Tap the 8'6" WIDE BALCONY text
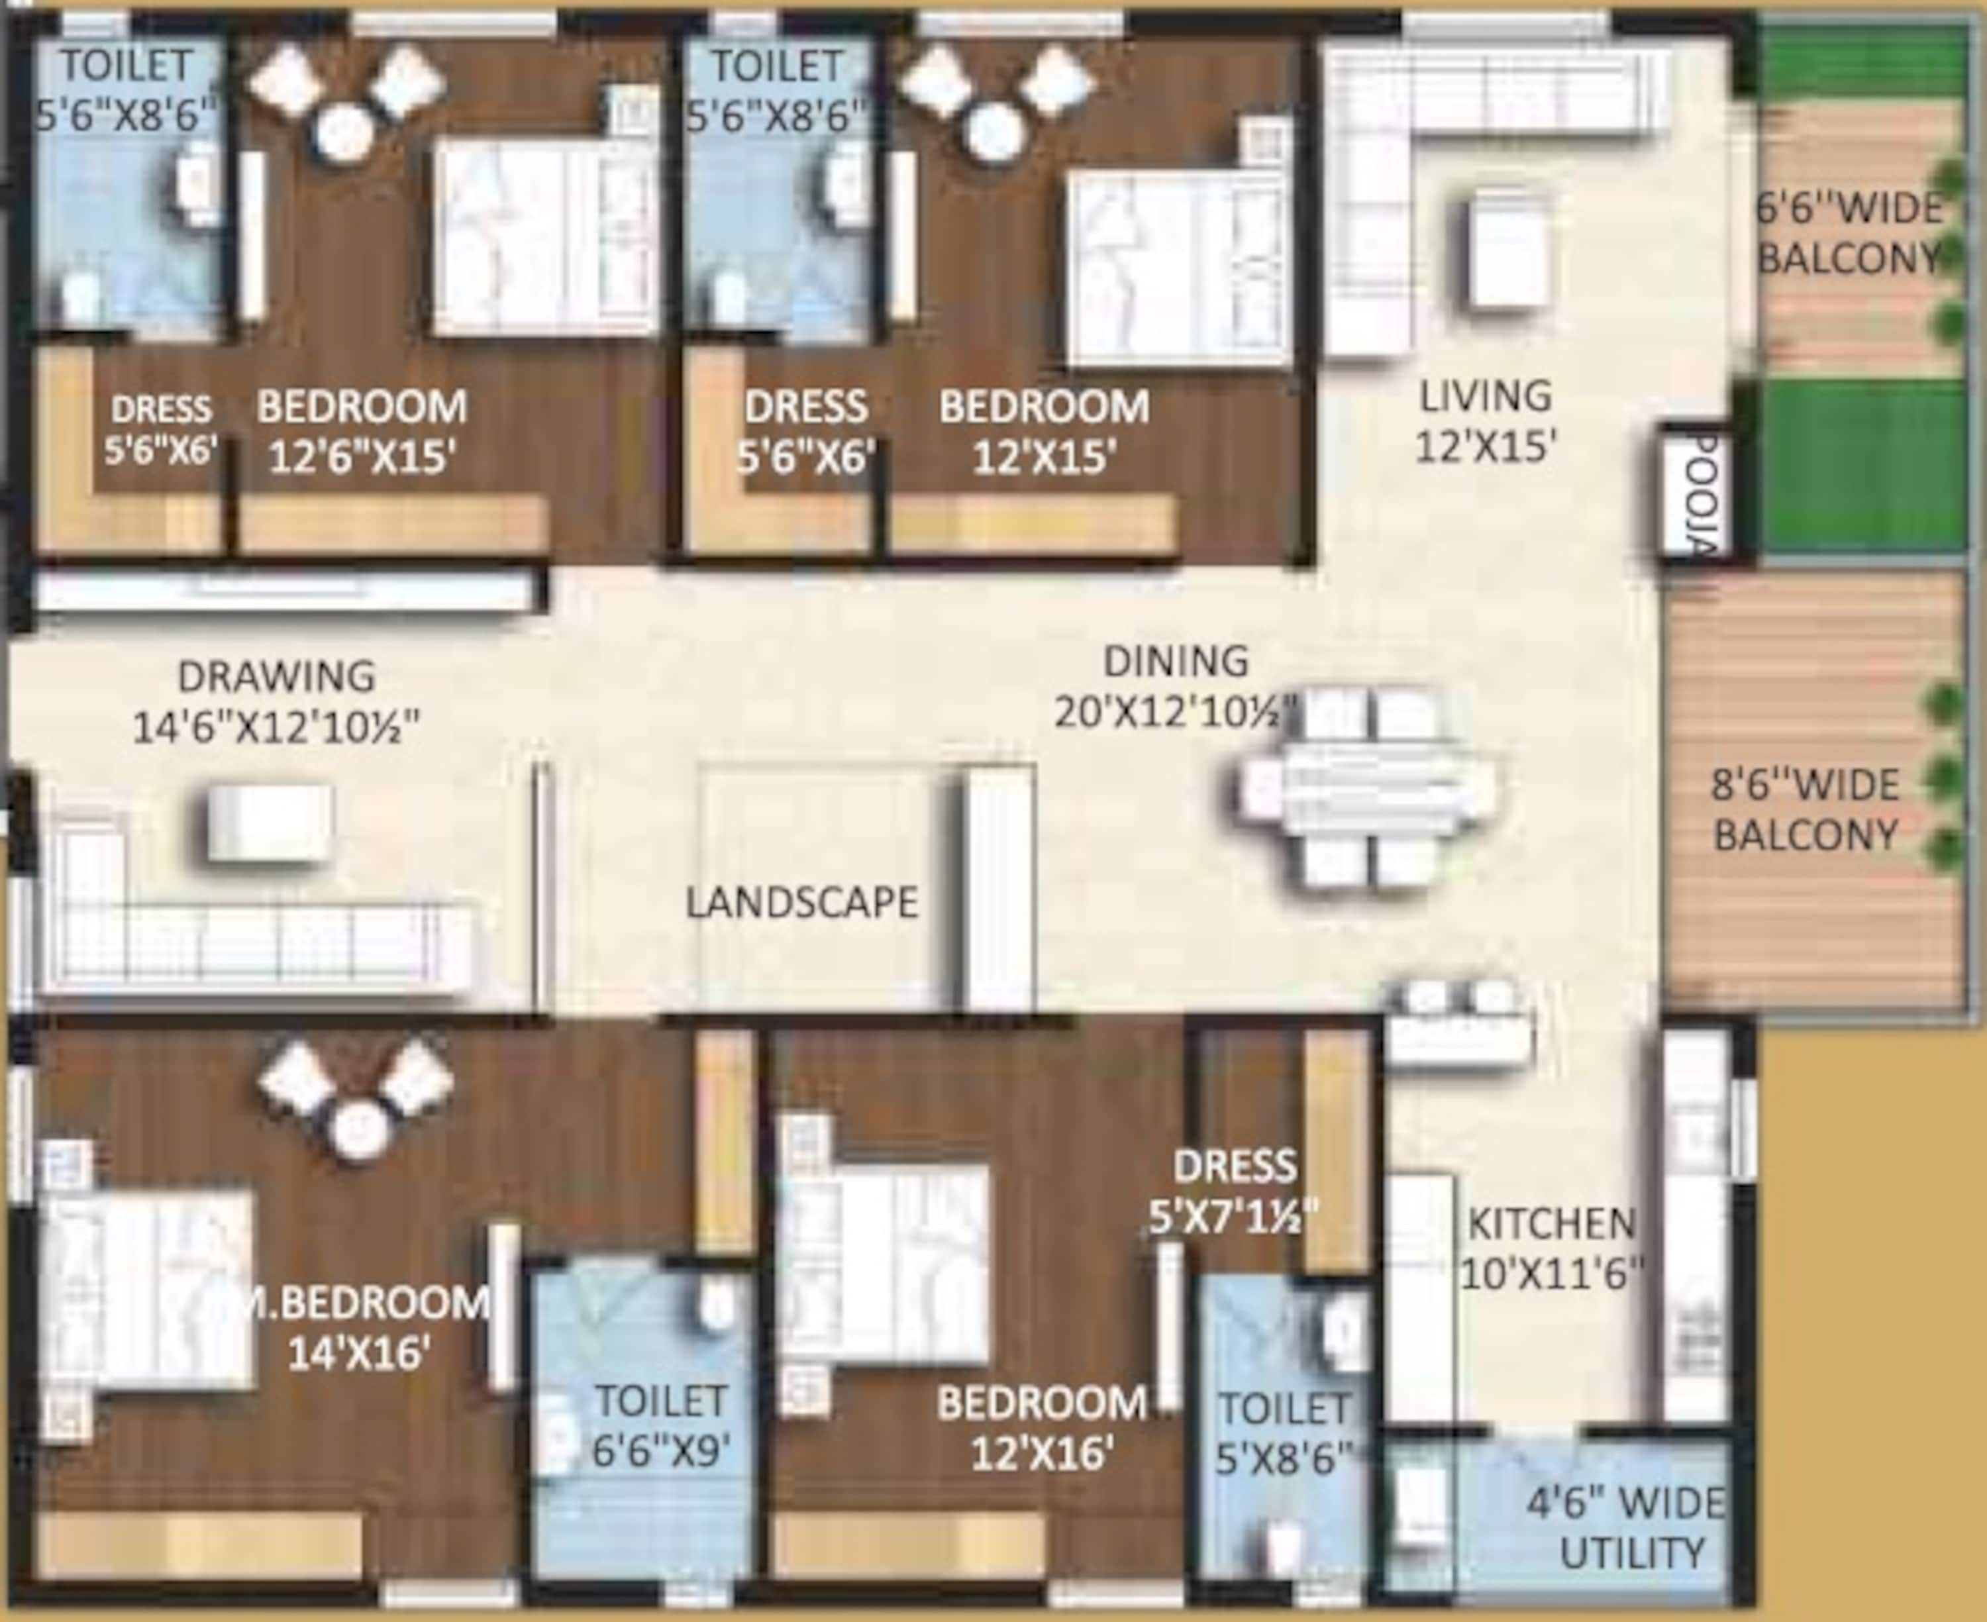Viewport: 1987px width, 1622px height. tap(1805, 810)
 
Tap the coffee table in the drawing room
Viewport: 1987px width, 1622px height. tap(269, 821)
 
